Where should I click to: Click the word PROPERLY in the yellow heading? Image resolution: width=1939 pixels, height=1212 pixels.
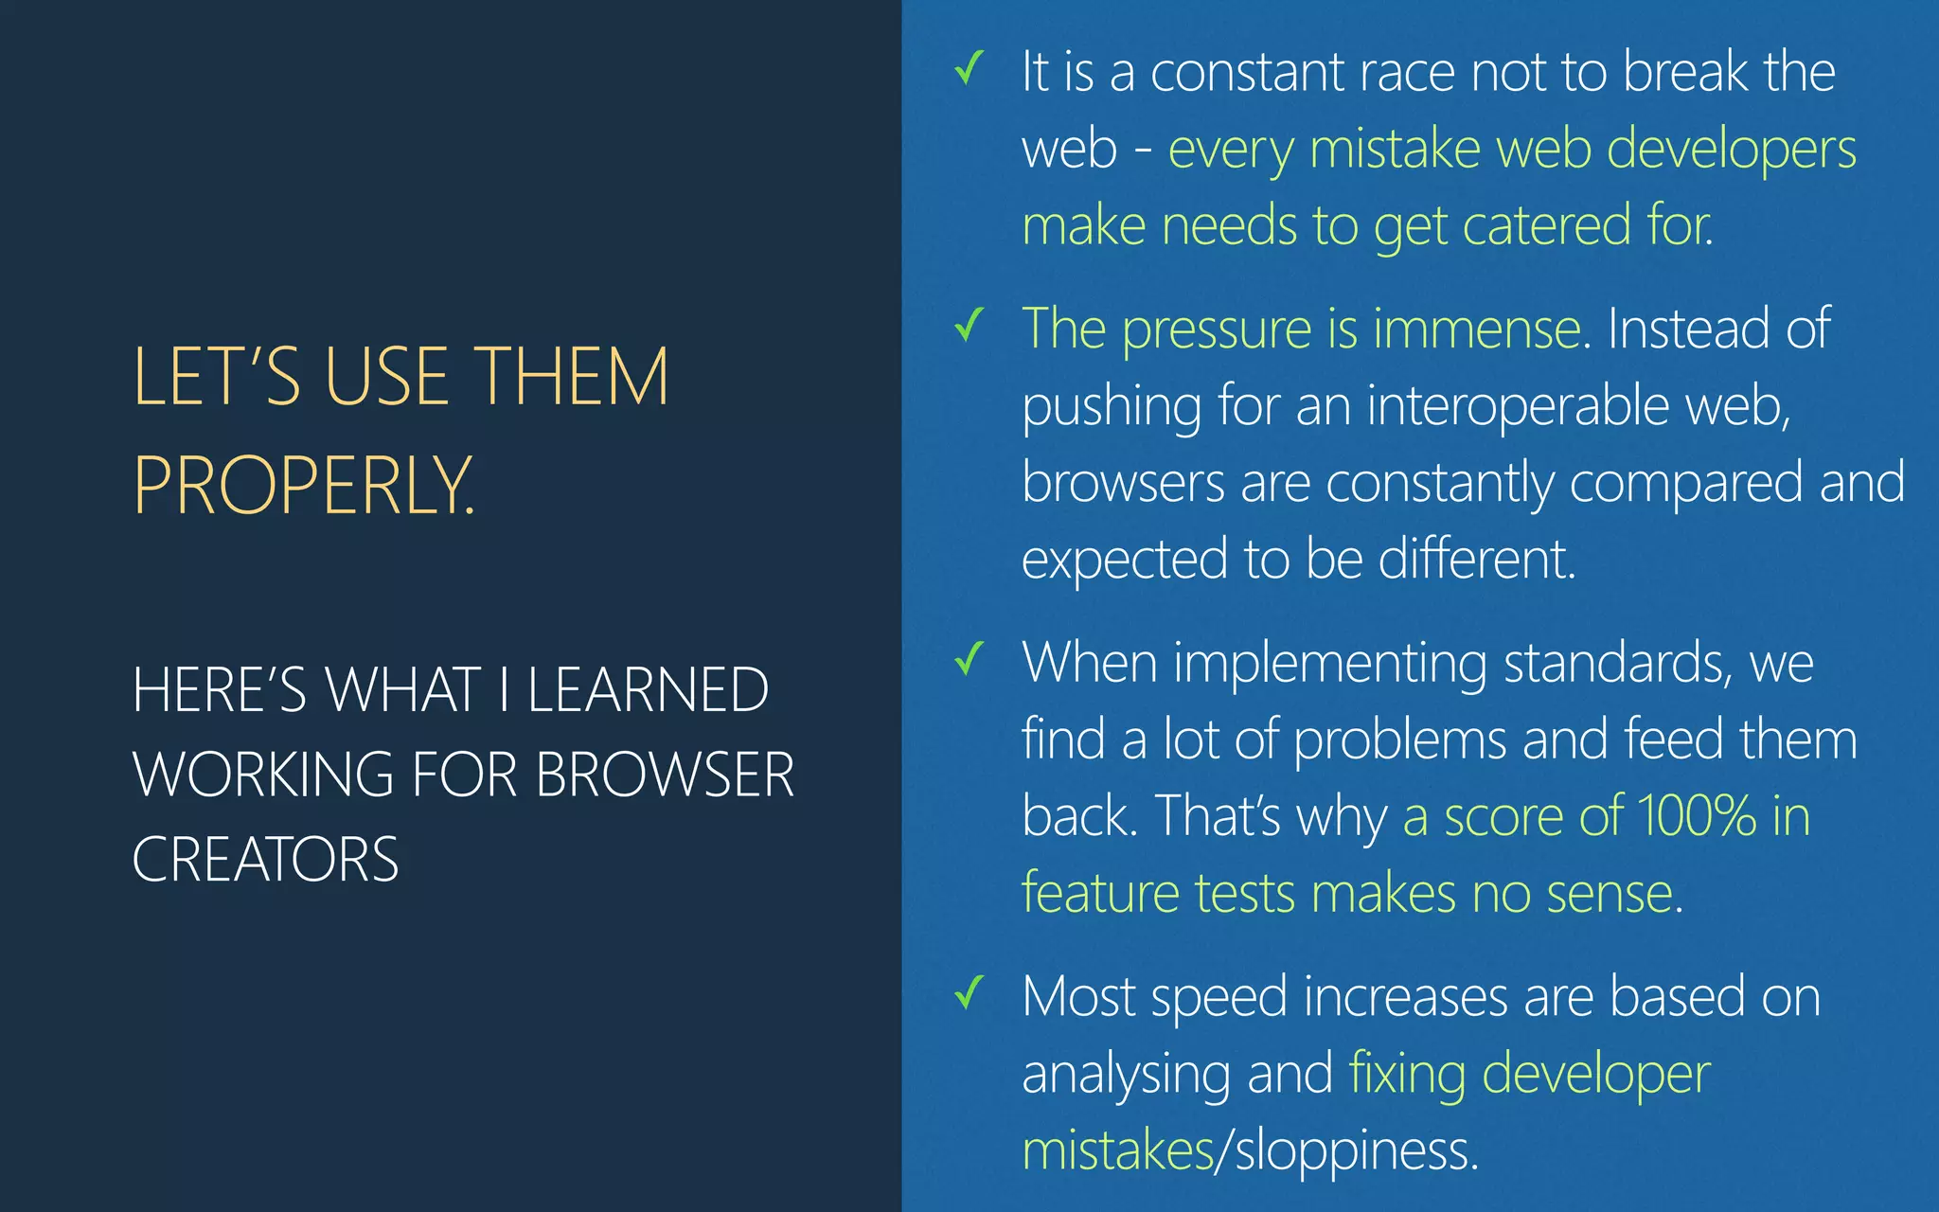303,485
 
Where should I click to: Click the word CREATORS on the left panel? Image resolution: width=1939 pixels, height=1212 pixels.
265,860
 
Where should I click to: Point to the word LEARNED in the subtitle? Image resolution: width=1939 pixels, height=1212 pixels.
648,689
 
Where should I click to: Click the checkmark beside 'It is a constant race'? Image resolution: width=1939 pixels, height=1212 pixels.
969,68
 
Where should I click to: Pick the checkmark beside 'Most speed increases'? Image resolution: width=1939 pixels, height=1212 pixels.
969,992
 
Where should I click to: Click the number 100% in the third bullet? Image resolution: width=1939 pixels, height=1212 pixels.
1697,815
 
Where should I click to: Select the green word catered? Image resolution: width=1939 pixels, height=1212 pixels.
1547,226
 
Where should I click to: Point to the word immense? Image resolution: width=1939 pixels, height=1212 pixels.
1476,330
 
